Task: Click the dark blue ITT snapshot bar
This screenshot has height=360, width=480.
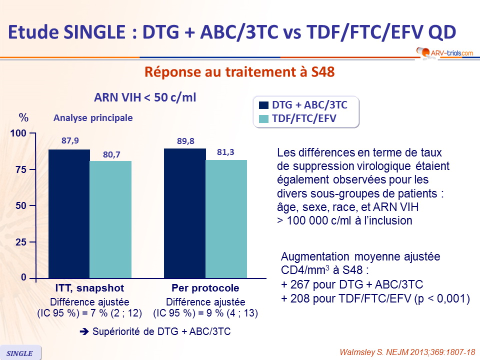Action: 69,213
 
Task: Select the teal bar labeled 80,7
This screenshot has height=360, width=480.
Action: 110,219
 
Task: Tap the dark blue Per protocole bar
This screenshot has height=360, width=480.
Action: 185,213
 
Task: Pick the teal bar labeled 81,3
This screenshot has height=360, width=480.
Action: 226,218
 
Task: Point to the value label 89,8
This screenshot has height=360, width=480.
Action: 185,141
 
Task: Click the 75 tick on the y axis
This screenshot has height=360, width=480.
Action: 20,170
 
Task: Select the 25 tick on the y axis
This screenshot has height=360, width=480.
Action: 20,242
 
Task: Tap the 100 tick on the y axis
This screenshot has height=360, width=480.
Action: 18,134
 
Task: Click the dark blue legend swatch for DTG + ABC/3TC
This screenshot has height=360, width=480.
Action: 264,105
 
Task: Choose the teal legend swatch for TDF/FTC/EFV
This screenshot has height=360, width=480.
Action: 264,118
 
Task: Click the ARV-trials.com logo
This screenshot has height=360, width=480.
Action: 444,51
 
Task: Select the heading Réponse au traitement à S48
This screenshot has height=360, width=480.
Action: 239,72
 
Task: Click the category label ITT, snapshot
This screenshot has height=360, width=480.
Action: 89,288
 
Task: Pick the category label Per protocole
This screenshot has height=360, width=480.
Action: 205,288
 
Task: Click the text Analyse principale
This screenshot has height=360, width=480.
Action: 93,118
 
